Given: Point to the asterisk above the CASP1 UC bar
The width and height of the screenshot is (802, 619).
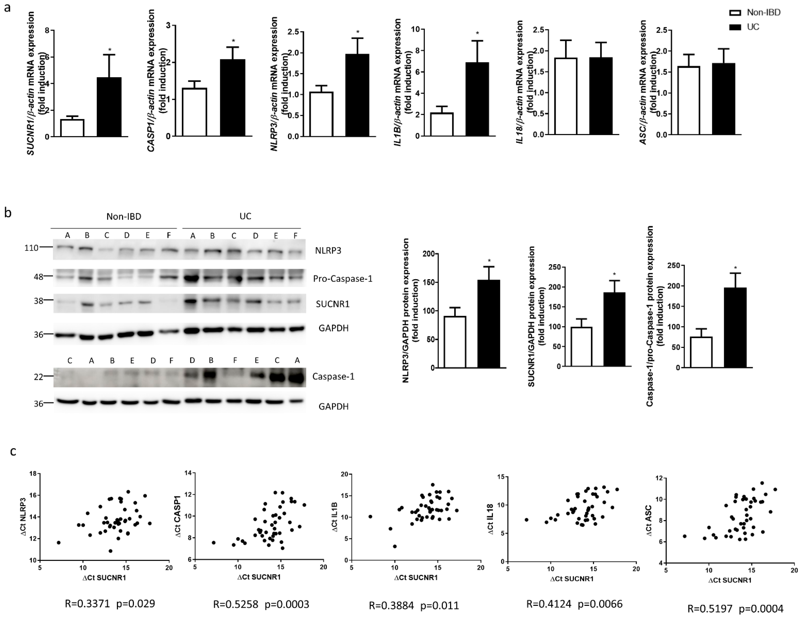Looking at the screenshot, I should (x=233, y=41).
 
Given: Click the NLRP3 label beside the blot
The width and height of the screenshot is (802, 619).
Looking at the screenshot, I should (x=328, y=251).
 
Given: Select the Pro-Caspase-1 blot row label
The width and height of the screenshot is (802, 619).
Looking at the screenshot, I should (x=343, y=279).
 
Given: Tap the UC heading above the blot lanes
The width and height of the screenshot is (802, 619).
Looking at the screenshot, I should (x=245, y=216).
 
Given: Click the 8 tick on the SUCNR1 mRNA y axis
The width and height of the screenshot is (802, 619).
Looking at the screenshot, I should (x=47, y=30).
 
